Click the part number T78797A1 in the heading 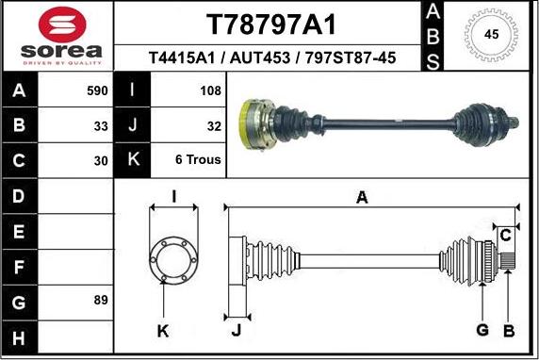(270, 24)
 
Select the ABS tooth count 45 (490, 35)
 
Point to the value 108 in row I (211, 91)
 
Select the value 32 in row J (214, 125)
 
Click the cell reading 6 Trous (198, 159)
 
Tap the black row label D (20, 197)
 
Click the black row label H (20, 336)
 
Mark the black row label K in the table (133, 159)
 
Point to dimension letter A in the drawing (362, 197)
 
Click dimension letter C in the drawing (506, 234)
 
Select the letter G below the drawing (482, 329)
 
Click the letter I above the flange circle (173, 196)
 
